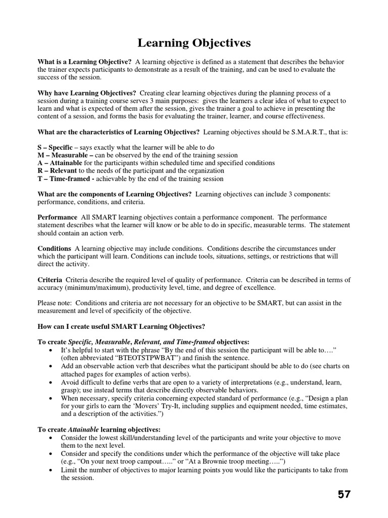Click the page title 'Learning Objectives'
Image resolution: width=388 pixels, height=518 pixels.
tap(194, 43)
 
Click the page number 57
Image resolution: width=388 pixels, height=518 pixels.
tap(344, 494)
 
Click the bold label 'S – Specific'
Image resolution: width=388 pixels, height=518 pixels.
tap(55, 147)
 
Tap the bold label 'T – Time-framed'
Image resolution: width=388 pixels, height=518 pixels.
tap(64, 179)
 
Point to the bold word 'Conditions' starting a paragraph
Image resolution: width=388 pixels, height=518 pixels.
tap(55, 248)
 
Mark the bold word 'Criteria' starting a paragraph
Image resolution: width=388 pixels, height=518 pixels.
tap(50, 280)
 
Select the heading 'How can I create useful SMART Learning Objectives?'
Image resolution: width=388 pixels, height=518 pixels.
tap(121, 326)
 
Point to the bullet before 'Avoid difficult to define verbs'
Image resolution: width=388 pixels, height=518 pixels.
tap(52, 382)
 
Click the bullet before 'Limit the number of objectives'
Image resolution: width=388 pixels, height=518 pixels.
tap(52, 470)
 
